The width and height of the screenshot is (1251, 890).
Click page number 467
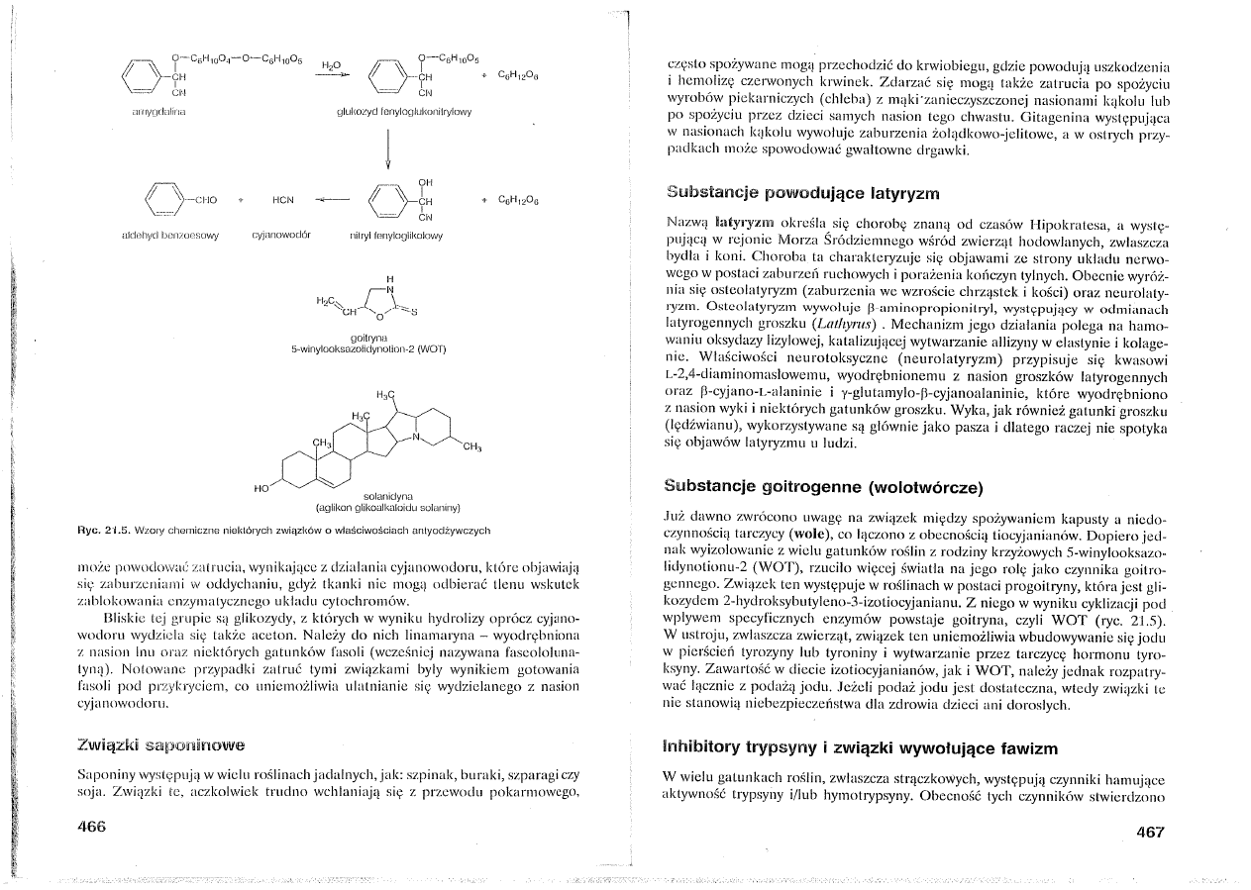click(1150, 832)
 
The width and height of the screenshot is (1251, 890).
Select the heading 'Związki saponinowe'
click(159, 742)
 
